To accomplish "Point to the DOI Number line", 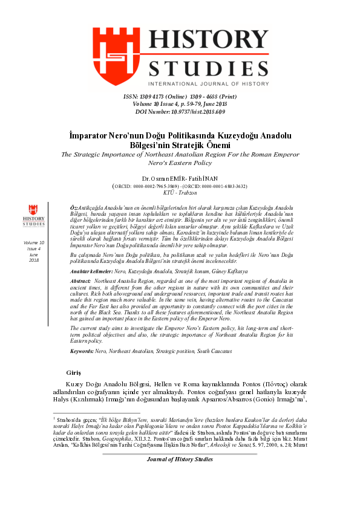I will pyautogui.click(x=180, y=111).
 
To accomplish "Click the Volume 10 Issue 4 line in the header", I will pyautogui.click(x=180, y=104).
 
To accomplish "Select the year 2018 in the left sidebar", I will pyautogui.click(x=33, y=260).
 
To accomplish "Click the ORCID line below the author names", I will pyautogui.click(x=180, y=186).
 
